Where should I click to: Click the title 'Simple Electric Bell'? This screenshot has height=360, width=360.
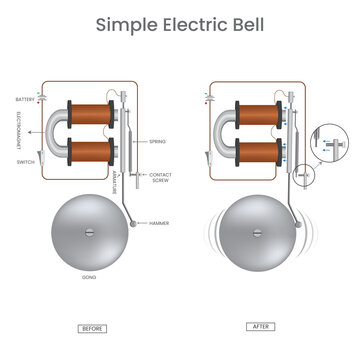pyautogui.click(x=179, y=24)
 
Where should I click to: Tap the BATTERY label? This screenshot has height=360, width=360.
pyautogui.click(x=25, y=99)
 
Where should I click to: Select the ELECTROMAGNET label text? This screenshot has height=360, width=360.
pyautogui.click(x=25, y=129)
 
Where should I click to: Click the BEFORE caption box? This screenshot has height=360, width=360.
pyautogui.click(x=92, y=328)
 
